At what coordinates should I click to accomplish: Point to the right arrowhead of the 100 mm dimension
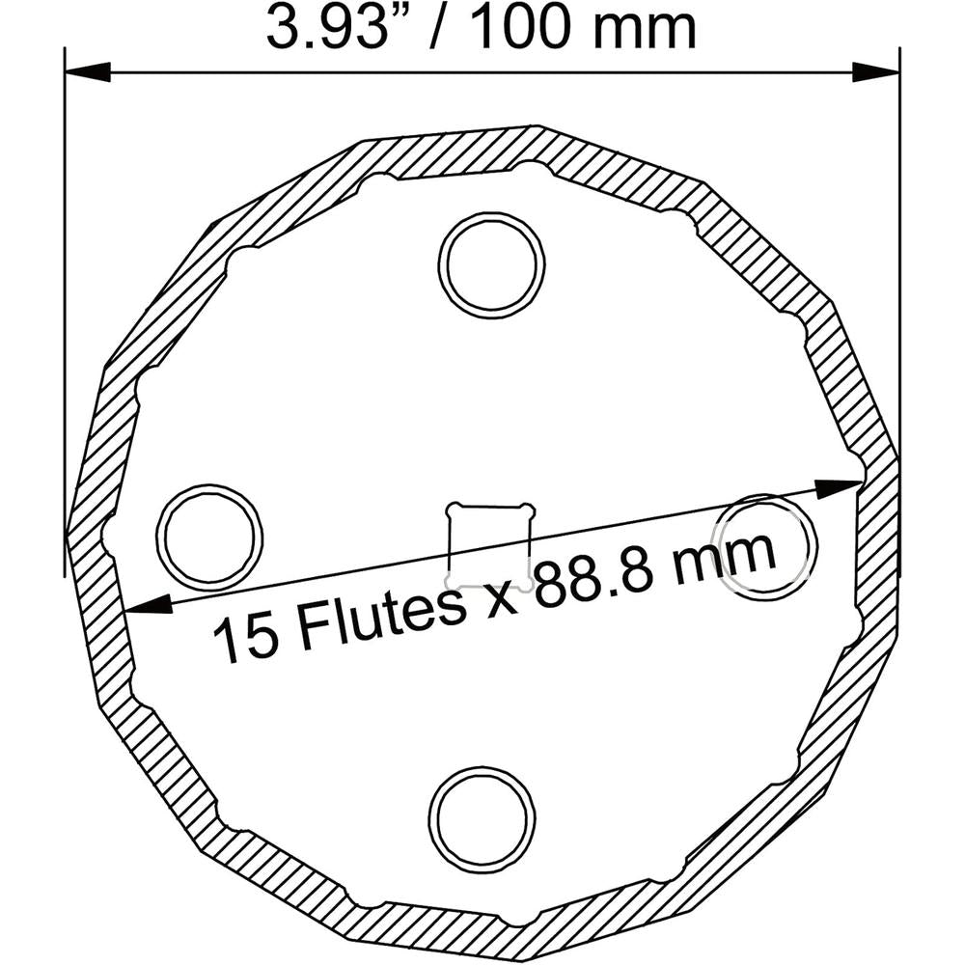(876, 72)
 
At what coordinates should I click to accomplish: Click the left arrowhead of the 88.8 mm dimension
(148, 606)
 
